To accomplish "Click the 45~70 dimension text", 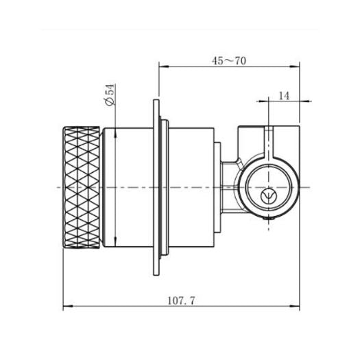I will point(229,60).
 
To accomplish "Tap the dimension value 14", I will point(284,97).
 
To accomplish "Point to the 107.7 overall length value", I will point(182,300).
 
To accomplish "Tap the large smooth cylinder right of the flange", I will point(189,186).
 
